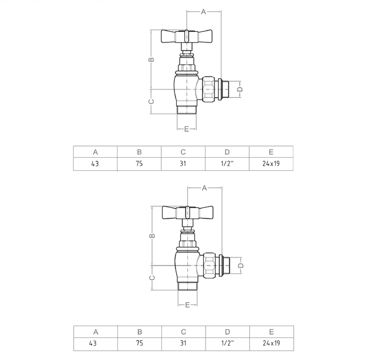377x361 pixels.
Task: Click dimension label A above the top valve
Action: (203, 12)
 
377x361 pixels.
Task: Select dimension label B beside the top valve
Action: (151, 59)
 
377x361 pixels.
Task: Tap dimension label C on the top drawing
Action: (151, 101)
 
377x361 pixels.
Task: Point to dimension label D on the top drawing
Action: (240, 90)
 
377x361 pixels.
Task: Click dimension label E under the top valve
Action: (187, 129)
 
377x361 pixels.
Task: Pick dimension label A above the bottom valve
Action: (204, 188)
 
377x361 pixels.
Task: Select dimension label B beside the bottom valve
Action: (153, 236)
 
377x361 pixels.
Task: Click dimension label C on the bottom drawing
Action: (153, 278)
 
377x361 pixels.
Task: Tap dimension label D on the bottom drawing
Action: (241, 266)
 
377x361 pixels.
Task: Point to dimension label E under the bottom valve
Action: (187, 305)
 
